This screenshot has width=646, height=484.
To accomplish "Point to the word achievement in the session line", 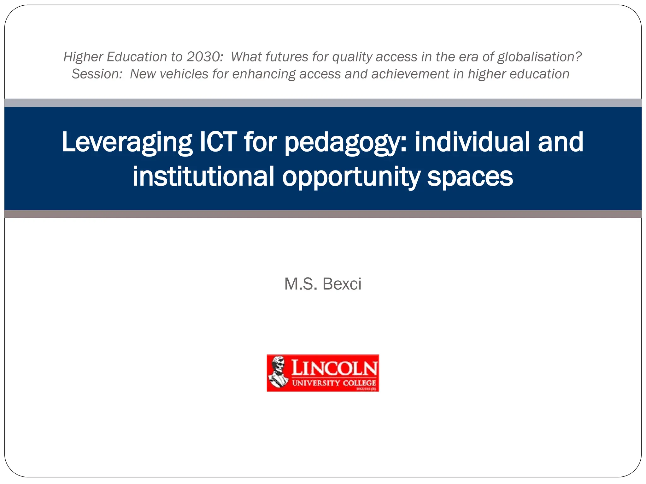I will pyautogui.click(x=410, y=74).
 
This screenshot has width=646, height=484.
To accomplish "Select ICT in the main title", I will pyautogui.click(x=219, y=142).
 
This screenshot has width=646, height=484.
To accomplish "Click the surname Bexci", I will pyautogui.click(x=342, y=284).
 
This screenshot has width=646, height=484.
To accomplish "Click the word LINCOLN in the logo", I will pyautogui.click(x=334, y=368).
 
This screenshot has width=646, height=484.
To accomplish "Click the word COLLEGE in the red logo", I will pyautogui.click(x=359, y=383).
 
